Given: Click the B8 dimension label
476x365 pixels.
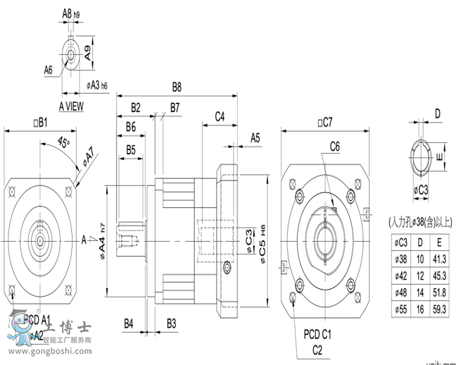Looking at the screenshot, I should (177, 88).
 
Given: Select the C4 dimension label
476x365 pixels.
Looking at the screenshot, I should (219, 116).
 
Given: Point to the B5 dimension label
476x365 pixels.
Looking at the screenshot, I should (130, 149).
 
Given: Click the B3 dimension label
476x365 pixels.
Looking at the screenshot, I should (171, 323).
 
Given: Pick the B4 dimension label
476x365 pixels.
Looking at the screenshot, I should (129, 323).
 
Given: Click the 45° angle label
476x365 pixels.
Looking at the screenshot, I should (63, 143).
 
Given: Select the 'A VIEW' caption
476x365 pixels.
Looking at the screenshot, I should (71, 106).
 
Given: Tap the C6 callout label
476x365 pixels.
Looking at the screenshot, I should (335, 147).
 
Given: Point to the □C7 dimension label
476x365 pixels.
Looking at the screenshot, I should (324, 123).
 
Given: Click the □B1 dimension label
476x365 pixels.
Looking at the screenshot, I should (39, 123).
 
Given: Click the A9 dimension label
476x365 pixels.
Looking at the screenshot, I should (87, 51).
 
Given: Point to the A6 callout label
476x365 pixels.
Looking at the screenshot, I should (49, 70).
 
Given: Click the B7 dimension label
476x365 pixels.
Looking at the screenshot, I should (174, 107).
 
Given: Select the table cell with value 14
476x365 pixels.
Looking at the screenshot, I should (422, 292).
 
